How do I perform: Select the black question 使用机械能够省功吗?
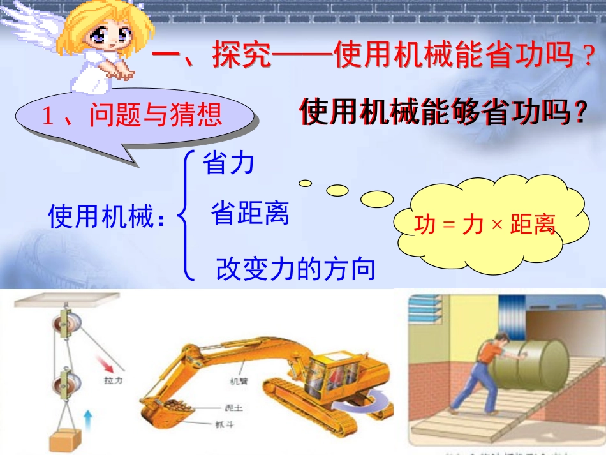(443, 113)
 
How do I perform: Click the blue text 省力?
(228, 164)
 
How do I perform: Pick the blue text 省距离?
(249, 214)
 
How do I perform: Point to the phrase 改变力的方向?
(295, 269)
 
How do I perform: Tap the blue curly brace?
(186, 216)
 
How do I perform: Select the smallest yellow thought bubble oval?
(306, 183)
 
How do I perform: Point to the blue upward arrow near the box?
(88, 422)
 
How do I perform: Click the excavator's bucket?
(167, 408)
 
